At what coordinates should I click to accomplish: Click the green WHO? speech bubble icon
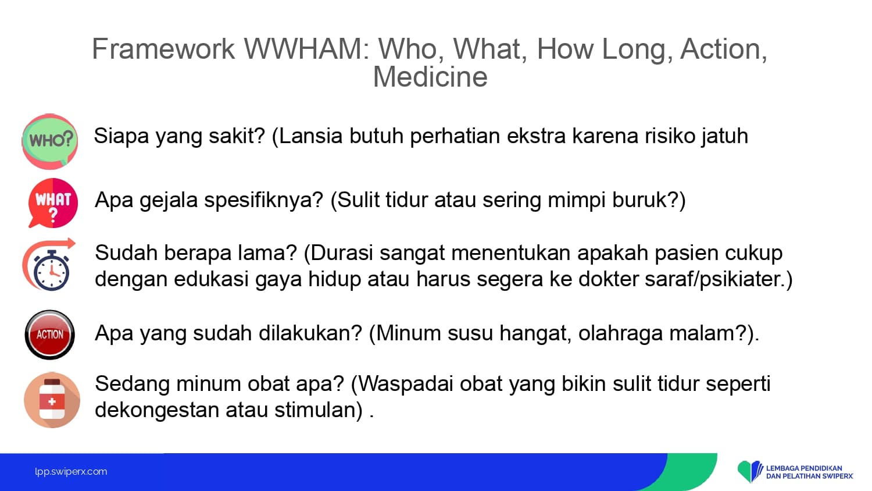(x=49, y=141)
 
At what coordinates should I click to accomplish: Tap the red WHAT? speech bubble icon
(x=53, y=203)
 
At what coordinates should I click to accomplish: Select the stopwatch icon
(x=49, y=265)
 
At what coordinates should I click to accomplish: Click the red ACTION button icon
(x=50, y=335)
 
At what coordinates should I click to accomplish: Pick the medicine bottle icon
(x=52, y=400)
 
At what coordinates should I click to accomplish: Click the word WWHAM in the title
(x=307, y=49)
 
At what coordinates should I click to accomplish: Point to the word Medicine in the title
(x=430, y=77)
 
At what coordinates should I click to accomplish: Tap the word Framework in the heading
(x=163, y=49)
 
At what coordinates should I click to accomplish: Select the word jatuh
(x=725, y=137)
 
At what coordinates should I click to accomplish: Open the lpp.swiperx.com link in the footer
(x=71, y=472)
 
